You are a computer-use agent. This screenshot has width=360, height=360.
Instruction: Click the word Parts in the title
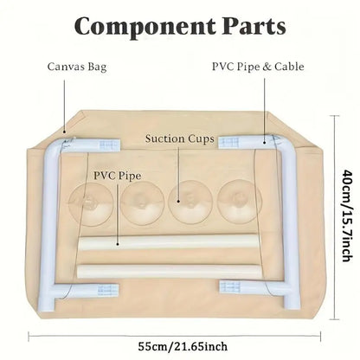pyautogui.click(x=254, y=26)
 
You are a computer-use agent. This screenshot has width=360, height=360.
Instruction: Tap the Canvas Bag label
pyautogui.click(x=77, y=67)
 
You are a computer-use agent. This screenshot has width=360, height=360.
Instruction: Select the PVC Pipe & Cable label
pyautogui.click(x=258, y=67)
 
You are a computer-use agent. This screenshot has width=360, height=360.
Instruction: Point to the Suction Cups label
pyautogui.click(x=180, y=138)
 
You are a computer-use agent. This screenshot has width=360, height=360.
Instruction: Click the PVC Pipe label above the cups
pyautogui.click(x=118, y=176)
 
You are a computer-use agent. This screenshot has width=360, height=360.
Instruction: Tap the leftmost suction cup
pyautogui.click(x=92, y=204)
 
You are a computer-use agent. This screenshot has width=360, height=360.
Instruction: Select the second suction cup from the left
pyautogui.click(x=142, y=203)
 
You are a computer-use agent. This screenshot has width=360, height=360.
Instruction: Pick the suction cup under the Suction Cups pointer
pyautogui.click(x=190, y=202)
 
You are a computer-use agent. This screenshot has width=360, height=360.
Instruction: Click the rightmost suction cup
pyautogui.click(x=240, y=201)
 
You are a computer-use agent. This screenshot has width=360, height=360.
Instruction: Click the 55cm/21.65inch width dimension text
pyautogui.click(x=183, y=346)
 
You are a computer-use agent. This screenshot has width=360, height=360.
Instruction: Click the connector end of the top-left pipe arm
pyautogui.click(x=109, y=145)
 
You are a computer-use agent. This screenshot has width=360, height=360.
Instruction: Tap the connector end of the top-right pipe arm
pyautogui.click(x=229, y=143)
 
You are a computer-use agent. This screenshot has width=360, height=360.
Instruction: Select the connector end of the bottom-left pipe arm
pyautogui.click(x=108, y=290)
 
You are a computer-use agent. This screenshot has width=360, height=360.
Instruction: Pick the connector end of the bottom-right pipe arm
pyautogui.click(x=230, y=286)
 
